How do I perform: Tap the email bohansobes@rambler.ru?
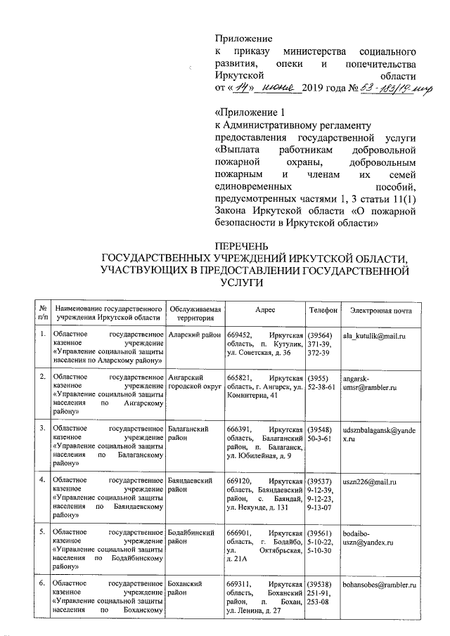pos(380,585)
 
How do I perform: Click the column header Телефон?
pos(323,310)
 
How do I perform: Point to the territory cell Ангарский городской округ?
pos(191,382)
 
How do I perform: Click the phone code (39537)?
pos(322,483)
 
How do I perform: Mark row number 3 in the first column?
pos(43,427)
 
